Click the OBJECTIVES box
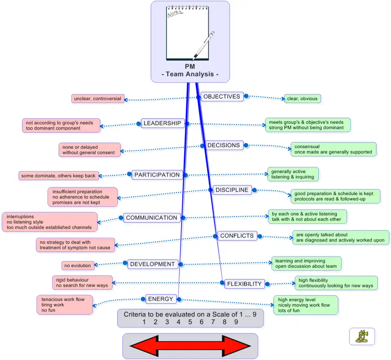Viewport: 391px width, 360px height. [x=222, y=97]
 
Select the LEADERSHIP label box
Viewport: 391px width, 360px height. [x=163, y=123]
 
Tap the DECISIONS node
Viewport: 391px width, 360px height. [x=224, y=145]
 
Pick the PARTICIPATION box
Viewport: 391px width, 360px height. [x=157, y=175]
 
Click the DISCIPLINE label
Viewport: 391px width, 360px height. [x=232, y=190]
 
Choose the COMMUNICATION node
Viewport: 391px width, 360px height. [x=152, y=218]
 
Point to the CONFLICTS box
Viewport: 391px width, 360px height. [x=237, y=236]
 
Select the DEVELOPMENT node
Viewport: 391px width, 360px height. [x=152, y=264]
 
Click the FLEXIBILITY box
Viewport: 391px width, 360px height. [x=244, y=284]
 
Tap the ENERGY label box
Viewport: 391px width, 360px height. [x=161, y=299]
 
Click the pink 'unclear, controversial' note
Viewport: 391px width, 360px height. [x=98, y=99]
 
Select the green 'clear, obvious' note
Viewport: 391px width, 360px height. [x=302, y=99]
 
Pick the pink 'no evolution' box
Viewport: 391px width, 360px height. [x=78, y=266]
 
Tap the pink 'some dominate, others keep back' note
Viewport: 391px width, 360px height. [x=59, y=176]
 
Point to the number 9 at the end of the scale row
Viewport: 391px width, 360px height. [x=236, y=322]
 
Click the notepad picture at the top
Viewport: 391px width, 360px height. [x=187, y=33]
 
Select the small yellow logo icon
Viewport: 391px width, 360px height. [x=362, y=336]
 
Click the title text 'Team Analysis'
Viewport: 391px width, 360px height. [x=190, y=74]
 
